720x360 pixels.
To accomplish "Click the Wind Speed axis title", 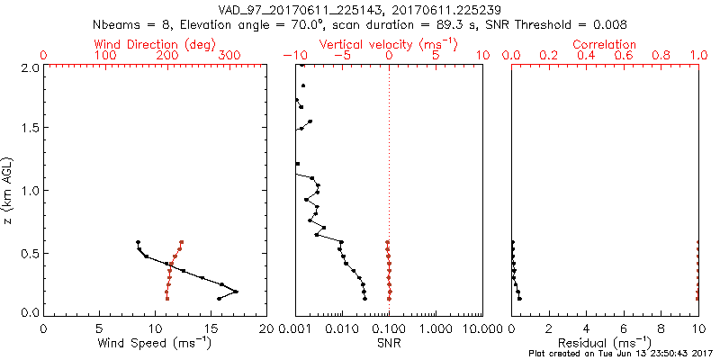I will point(156,342).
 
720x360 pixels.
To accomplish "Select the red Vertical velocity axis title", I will point(389,44).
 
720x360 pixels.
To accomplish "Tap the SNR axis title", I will point(389,342).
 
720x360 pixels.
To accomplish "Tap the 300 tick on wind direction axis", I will point(229,56).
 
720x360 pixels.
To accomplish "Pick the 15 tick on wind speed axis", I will point(211,328).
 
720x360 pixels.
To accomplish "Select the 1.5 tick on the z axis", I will point(31,129).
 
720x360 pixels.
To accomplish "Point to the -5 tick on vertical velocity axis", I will point(342,56).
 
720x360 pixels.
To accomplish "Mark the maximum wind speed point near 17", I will point(236,292).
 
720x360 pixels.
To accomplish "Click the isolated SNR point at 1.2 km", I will point(298,164).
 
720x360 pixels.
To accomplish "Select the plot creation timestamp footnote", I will point(621,353).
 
